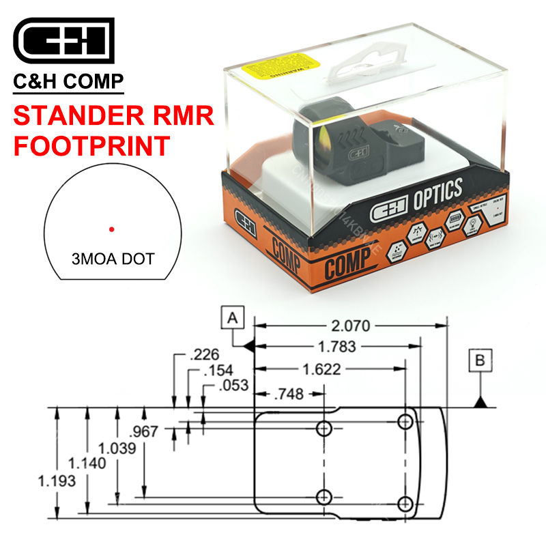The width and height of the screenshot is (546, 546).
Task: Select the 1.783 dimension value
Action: [x=336, y=347]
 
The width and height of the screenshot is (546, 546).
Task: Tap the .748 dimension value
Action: [x=290, y=394]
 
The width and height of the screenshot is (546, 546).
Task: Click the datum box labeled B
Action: [x=482, y=360]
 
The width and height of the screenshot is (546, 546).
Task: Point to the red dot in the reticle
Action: [x=111, y=229]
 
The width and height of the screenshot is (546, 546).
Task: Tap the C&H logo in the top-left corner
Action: [x=63, y=40]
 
